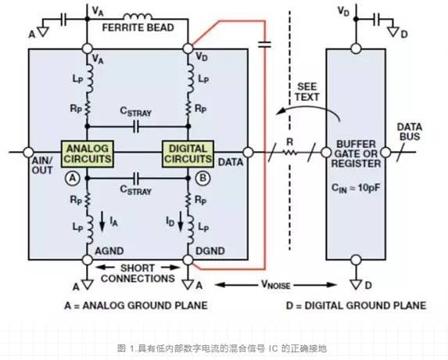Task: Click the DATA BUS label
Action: click(x=412, y=133)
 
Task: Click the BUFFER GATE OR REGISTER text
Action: click(x=356, y=153)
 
